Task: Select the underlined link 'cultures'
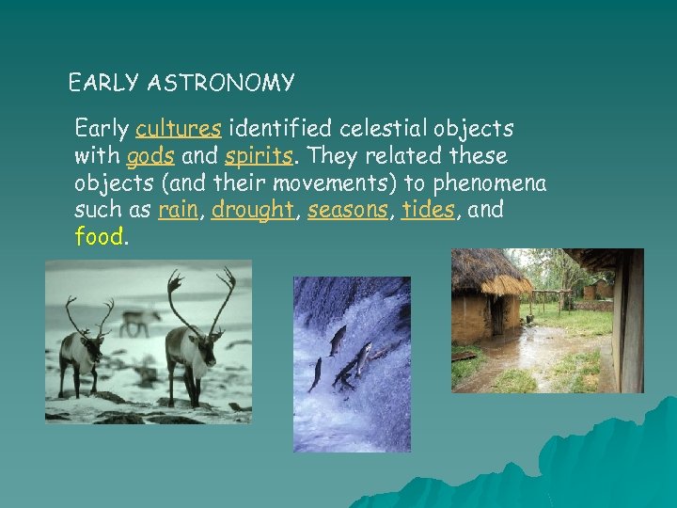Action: pyautogui.click(x=179, y=128)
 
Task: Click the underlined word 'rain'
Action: pyautogui.click(x=178, y=210)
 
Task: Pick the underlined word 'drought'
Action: pyautogui.click(x=251, y=210)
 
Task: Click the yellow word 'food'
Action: pyautogui.click(x=99, y=237)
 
